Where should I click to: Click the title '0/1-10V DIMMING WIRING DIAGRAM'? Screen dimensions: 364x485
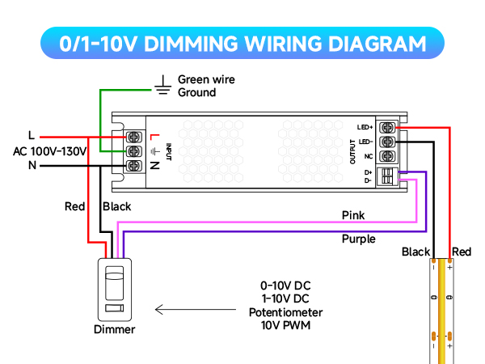[x=242, y=43]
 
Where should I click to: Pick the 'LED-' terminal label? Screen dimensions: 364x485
[x=366, y=142]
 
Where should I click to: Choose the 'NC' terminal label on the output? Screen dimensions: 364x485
[x=369, y=155]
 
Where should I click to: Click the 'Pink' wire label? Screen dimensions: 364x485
[x=353, y=215]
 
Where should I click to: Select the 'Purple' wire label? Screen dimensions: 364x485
[x=358, y=239]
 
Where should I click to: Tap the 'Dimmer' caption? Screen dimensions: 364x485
[x=115, y=329]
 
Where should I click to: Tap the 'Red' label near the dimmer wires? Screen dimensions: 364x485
[x=75, y=207]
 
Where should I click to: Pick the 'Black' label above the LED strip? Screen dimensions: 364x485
[x=415, y=252]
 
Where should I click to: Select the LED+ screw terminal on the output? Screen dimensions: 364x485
[x=386, y=127]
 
